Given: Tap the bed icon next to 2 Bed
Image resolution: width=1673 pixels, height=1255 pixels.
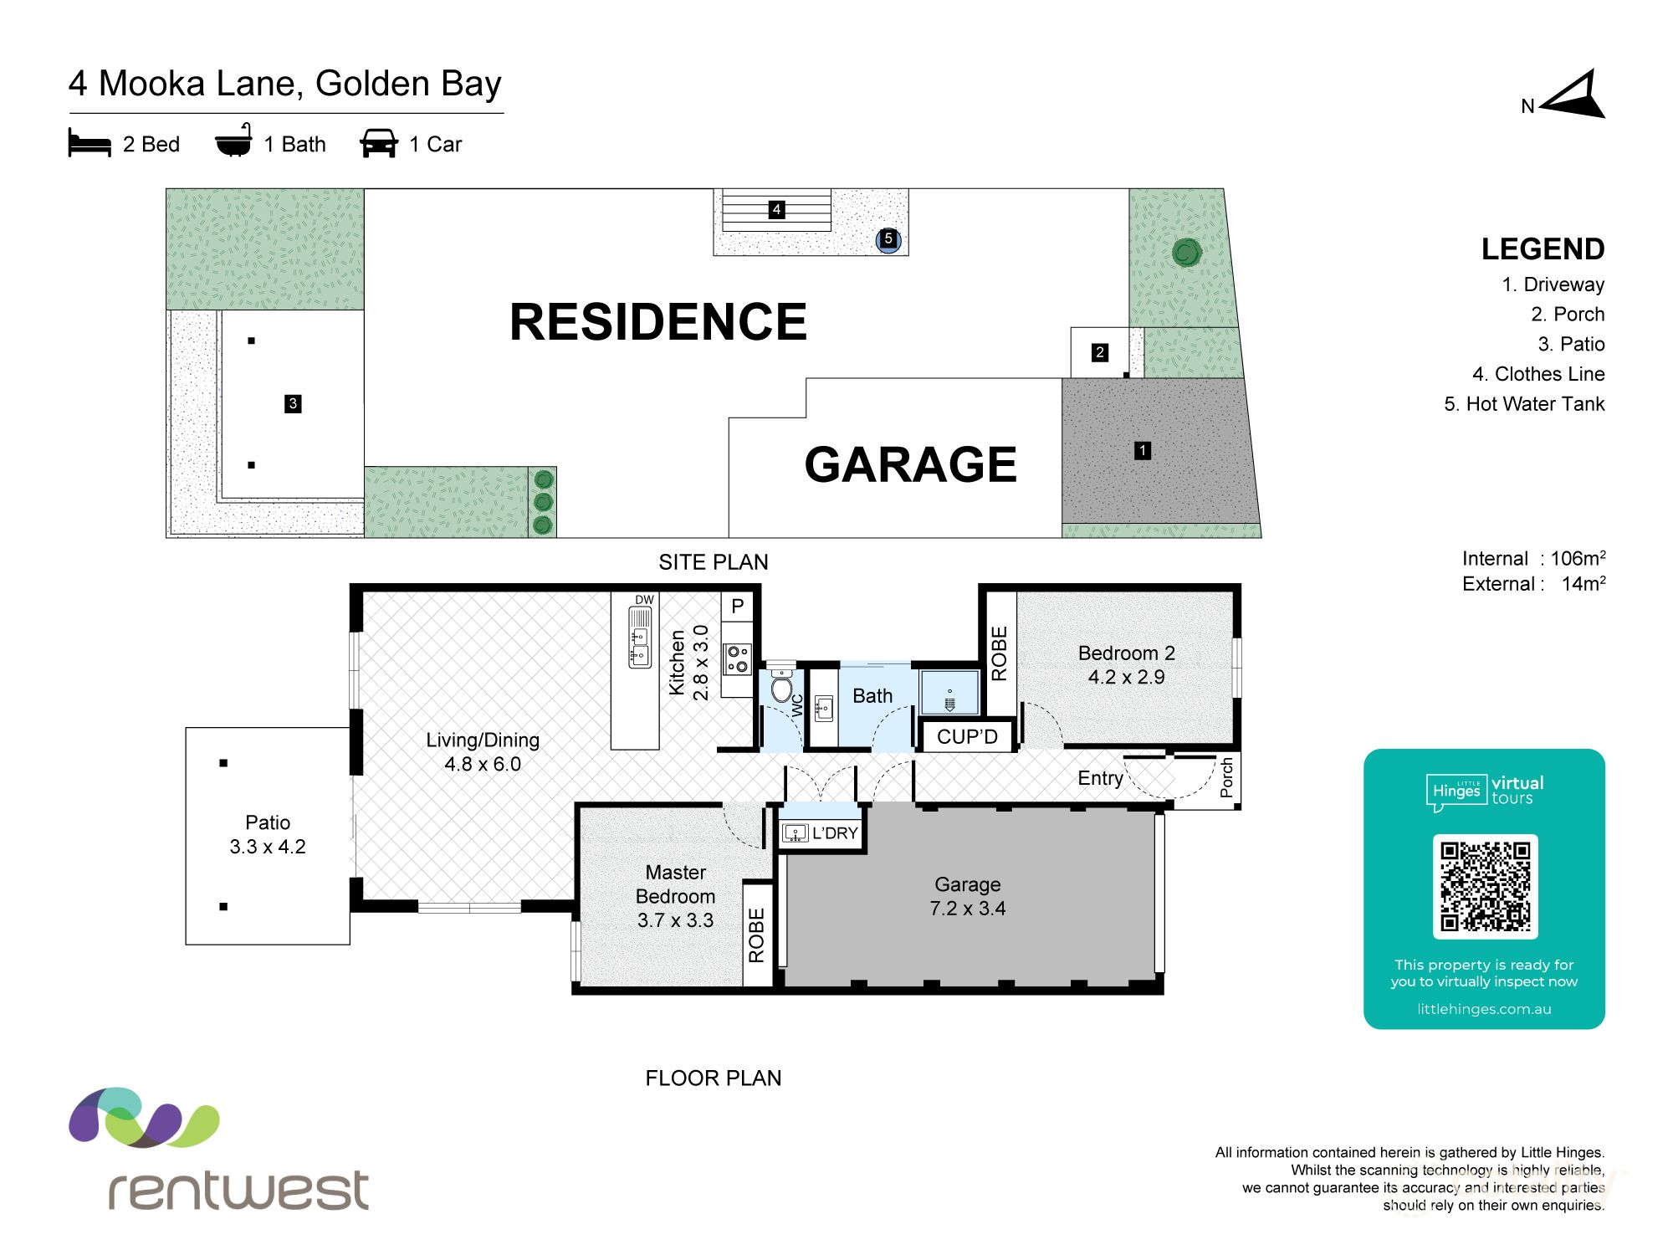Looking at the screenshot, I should [90, 143].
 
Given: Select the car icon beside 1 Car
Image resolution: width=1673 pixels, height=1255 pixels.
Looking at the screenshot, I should [379, 143].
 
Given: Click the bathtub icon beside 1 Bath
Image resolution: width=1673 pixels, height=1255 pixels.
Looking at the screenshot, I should [233, 141].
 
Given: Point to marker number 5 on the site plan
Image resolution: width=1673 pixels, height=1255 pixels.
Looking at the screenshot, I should [888, 239].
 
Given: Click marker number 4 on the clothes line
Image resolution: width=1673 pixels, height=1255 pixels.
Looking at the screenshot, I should [776, 209].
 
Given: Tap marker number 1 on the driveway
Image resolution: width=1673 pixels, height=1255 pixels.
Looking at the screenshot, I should [1142, 451].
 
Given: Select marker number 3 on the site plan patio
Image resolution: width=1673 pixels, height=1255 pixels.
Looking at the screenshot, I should [293, 403].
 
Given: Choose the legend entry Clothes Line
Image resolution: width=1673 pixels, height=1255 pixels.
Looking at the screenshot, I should [1538, 374].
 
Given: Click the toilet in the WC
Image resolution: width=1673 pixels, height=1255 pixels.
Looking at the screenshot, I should [781, 688].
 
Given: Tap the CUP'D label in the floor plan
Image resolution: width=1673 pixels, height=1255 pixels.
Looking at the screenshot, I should [967, 737].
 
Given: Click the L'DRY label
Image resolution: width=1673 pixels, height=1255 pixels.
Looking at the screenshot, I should [834, 833].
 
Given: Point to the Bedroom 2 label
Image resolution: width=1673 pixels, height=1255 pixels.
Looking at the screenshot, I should [1126, 653].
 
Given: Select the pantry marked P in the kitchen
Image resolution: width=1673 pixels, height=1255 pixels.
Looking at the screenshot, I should [737, 607].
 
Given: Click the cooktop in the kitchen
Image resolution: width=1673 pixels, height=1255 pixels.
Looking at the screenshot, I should [737, 658].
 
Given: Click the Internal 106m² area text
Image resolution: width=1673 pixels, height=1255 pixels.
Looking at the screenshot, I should [1533, 559].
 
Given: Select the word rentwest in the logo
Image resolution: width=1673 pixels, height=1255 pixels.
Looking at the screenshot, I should [238, 1190].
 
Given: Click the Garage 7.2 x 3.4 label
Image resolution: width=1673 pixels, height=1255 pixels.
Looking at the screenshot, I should [967, 896].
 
